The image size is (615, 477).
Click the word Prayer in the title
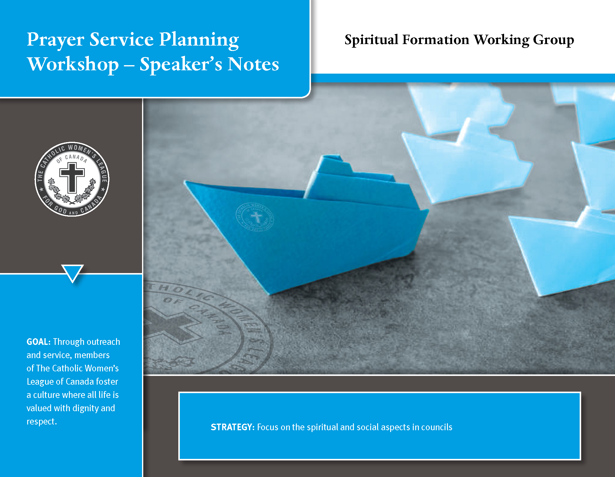coord(56,40)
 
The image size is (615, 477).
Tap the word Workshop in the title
coord(73,64)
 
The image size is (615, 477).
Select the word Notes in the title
coord(253,64)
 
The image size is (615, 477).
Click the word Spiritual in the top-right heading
coord(371,40)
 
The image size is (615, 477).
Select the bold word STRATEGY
coord(232,427)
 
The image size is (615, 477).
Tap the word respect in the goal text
coord(41,421)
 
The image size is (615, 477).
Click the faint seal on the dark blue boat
coord(255,217)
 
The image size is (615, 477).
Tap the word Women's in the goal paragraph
coord(102,368)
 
